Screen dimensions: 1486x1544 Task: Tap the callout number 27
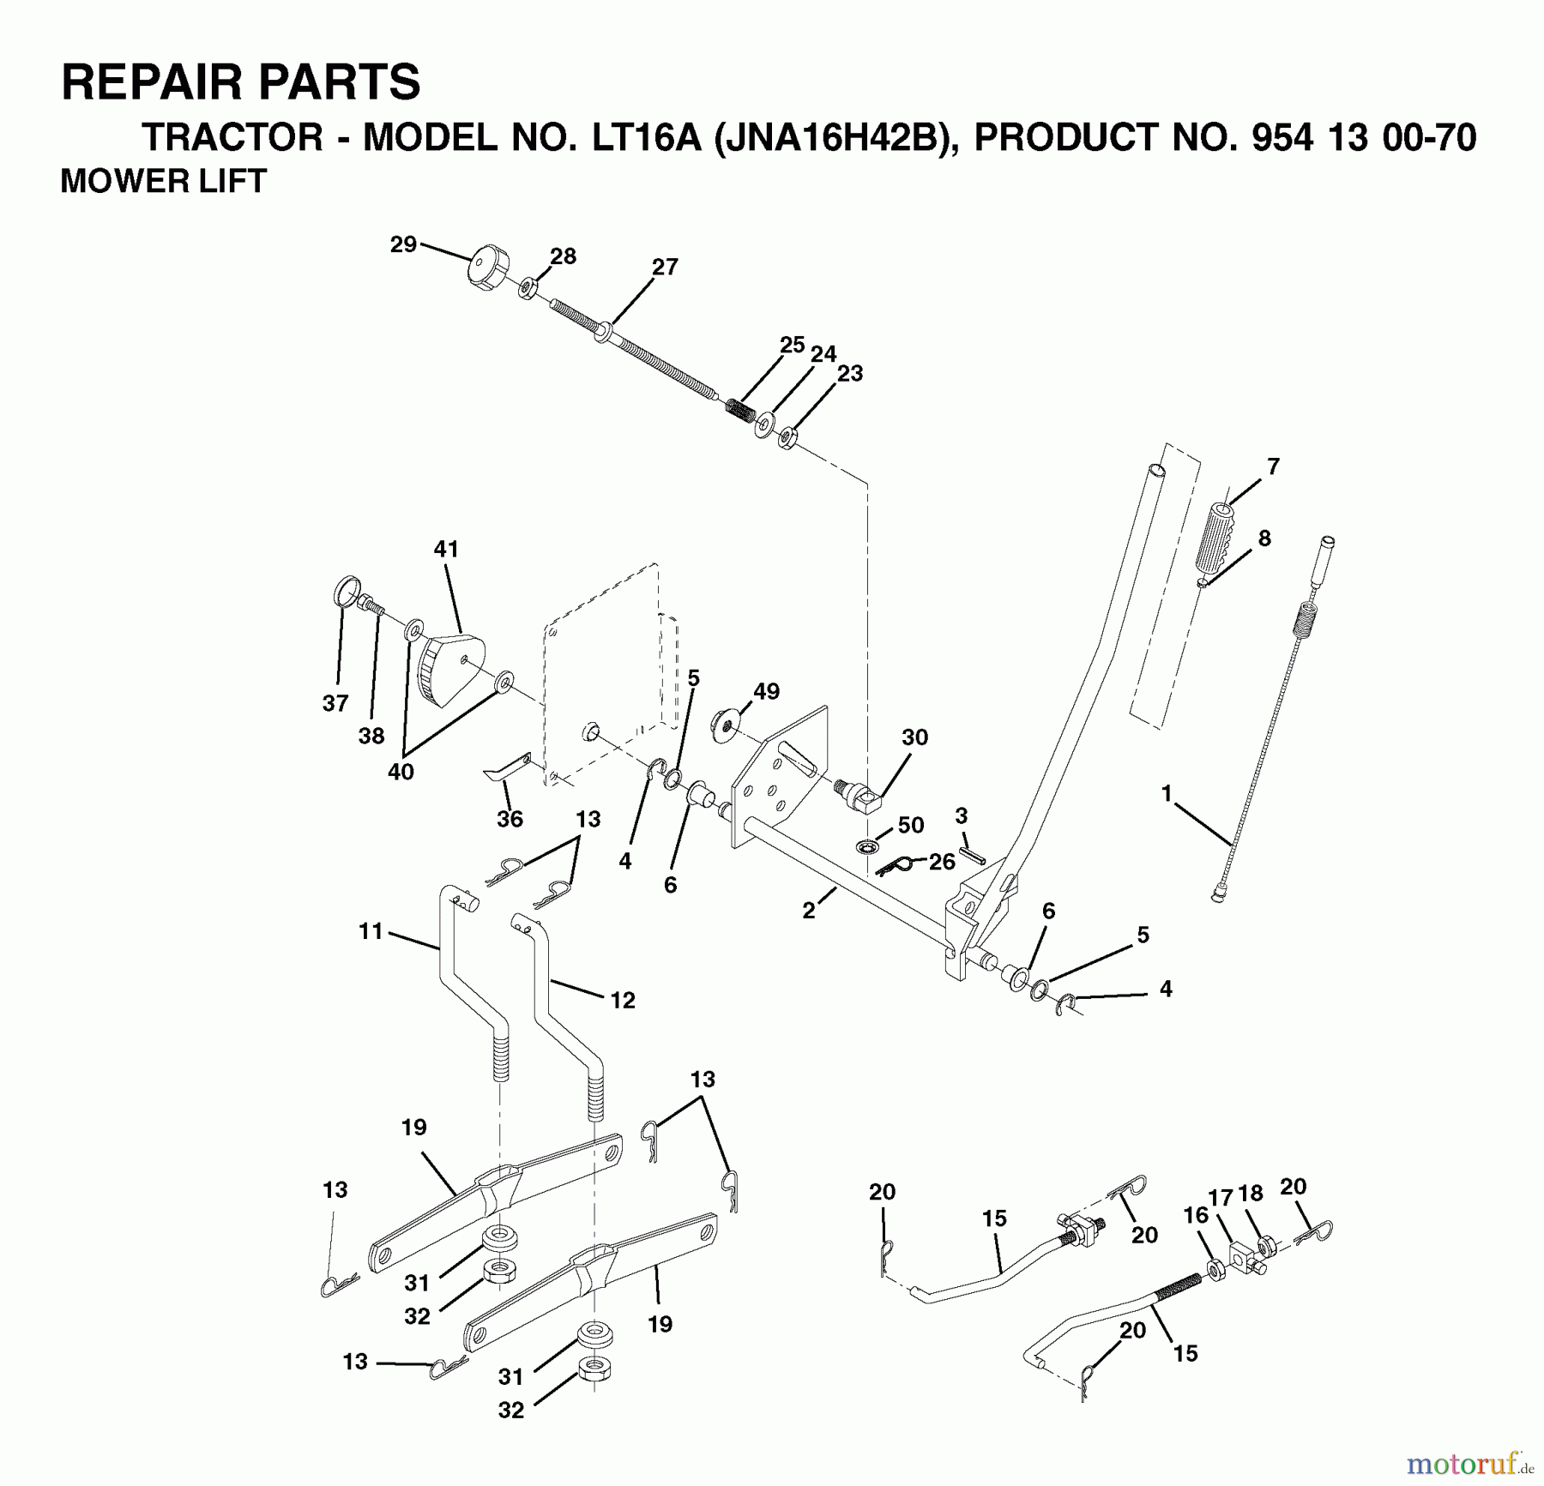(x=665, y=268)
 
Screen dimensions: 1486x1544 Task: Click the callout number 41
(x=446, y=549)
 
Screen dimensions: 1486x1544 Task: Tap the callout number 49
(x=766, y=691)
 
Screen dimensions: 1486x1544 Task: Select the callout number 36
(x=510, y=819)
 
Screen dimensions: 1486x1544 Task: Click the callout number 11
(x=371, y=931)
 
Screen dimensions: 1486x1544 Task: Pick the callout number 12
(x=623, y=1000)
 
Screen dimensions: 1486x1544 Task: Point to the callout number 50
(x=910, y=825)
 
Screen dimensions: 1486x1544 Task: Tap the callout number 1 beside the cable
(x=1166, y=794)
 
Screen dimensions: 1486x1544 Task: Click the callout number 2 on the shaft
(x=808, y=911)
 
